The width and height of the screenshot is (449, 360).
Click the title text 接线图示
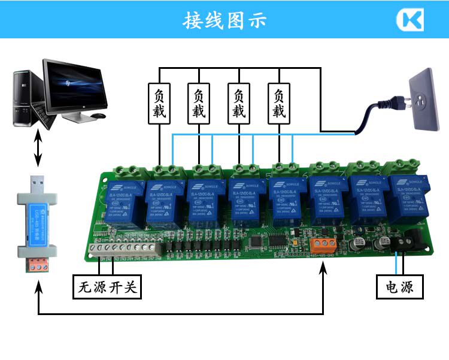(x=224, y=20)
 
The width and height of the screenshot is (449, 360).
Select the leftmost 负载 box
(x=159, y=103)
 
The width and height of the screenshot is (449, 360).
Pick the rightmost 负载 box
(x=278, y=103)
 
